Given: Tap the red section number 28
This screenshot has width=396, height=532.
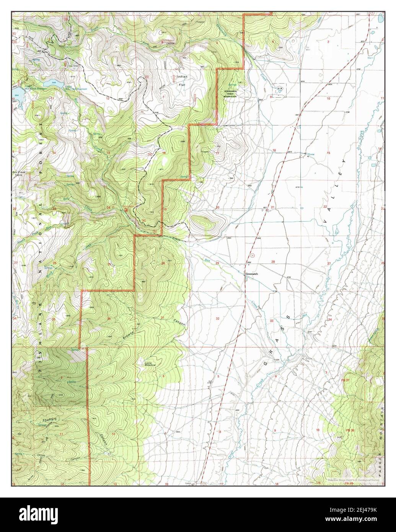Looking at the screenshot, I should tap(273, 262).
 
